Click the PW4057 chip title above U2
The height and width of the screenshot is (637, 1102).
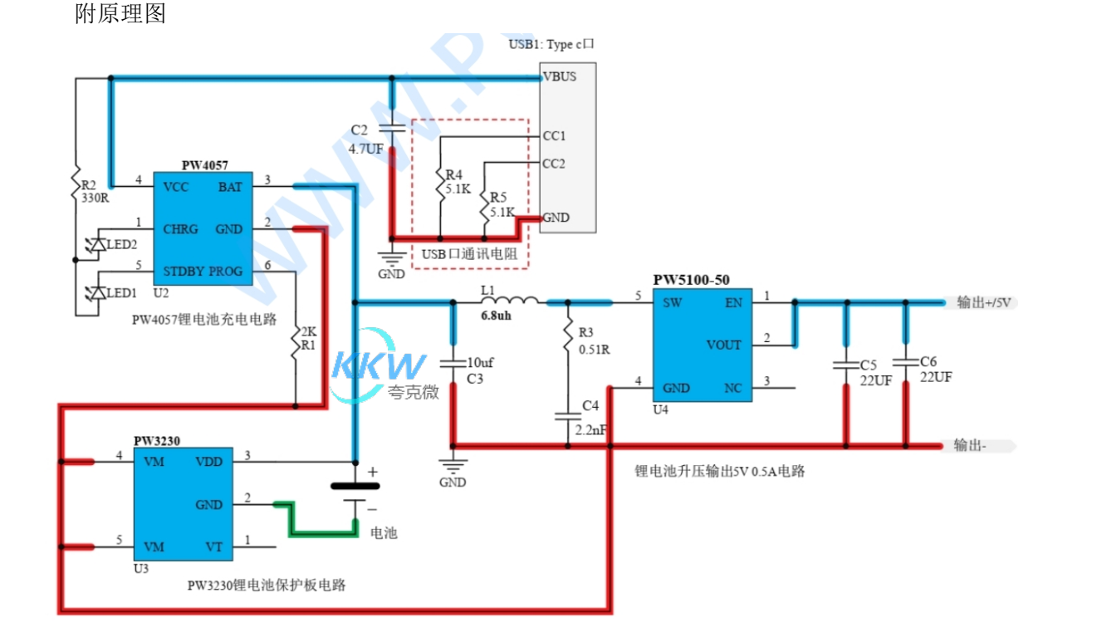(204, 166)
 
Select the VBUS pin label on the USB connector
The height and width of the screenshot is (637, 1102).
(559, 76)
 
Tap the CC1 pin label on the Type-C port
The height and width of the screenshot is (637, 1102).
(554, 135)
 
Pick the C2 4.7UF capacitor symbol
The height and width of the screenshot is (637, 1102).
(391, 130)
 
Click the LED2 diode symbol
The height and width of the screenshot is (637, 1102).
(97, 245)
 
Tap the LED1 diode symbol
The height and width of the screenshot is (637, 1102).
(97, 293)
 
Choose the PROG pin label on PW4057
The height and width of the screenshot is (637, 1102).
(226, 271)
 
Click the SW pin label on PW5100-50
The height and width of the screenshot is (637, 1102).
(673, 303)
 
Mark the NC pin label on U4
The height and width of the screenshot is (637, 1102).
(732, 388)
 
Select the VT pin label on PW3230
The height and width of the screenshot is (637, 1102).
(213, 546)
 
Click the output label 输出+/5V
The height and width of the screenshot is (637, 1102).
(983, 302)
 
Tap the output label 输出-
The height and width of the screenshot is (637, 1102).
(970, 445)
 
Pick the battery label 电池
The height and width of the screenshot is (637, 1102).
(384, 532)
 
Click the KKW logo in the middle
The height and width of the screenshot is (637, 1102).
(379, 371)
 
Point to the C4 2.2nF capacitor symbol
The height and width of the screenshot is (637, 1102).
(568, 416)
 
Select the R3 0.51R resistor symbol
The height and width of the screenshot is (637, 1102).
(568, 338)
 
